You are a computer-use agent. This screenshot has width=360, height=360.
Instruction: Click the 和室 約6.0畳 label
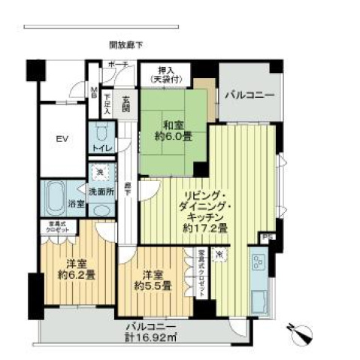click(165, 131)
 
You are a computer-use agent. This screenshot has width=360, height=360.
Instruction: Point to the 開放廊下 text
click(125, 45)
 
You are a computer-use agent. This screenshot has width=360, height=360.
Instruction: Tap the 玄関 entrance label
click(125, 105)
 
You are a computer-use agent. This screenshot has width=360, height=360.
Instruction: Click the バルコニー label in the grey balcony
click(249, 95)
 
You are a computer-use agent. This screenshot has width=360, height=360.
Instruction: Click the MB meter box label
click(94, 94)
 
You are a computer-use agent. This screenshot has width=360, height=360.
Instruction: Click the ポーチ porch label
click(117, 65)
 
